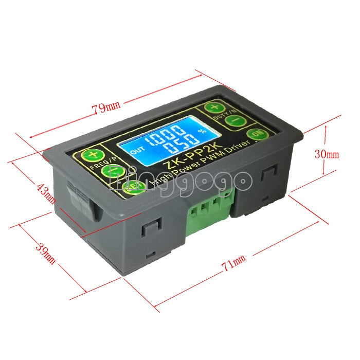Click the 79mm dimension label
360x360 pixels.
[106, 109]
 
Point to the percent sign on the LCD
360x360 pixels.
[202, 131]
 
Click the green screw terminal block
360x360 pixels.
[208, 213]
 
